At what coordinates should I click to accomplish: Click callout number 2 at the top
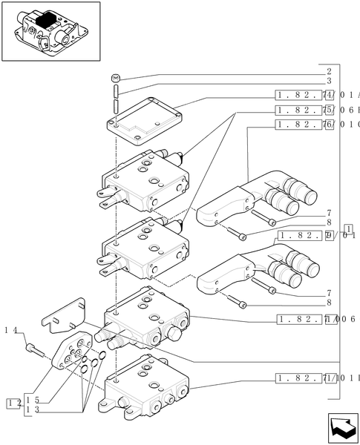point(327,72)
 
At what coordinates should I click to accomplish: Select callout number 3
point(327,81)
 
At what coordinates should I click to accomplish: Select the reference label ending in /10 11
point(316,378)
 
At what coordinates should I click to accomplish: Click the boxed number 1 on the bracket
point(348,228)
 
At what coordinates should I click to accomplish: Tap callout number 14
point(10,329)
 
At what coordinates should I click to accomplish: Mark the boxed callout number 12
point(13,403)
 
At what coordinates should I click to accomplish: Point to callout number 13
point(31,409)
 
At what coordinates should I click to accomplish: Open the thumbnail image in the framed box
point(50,31)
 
